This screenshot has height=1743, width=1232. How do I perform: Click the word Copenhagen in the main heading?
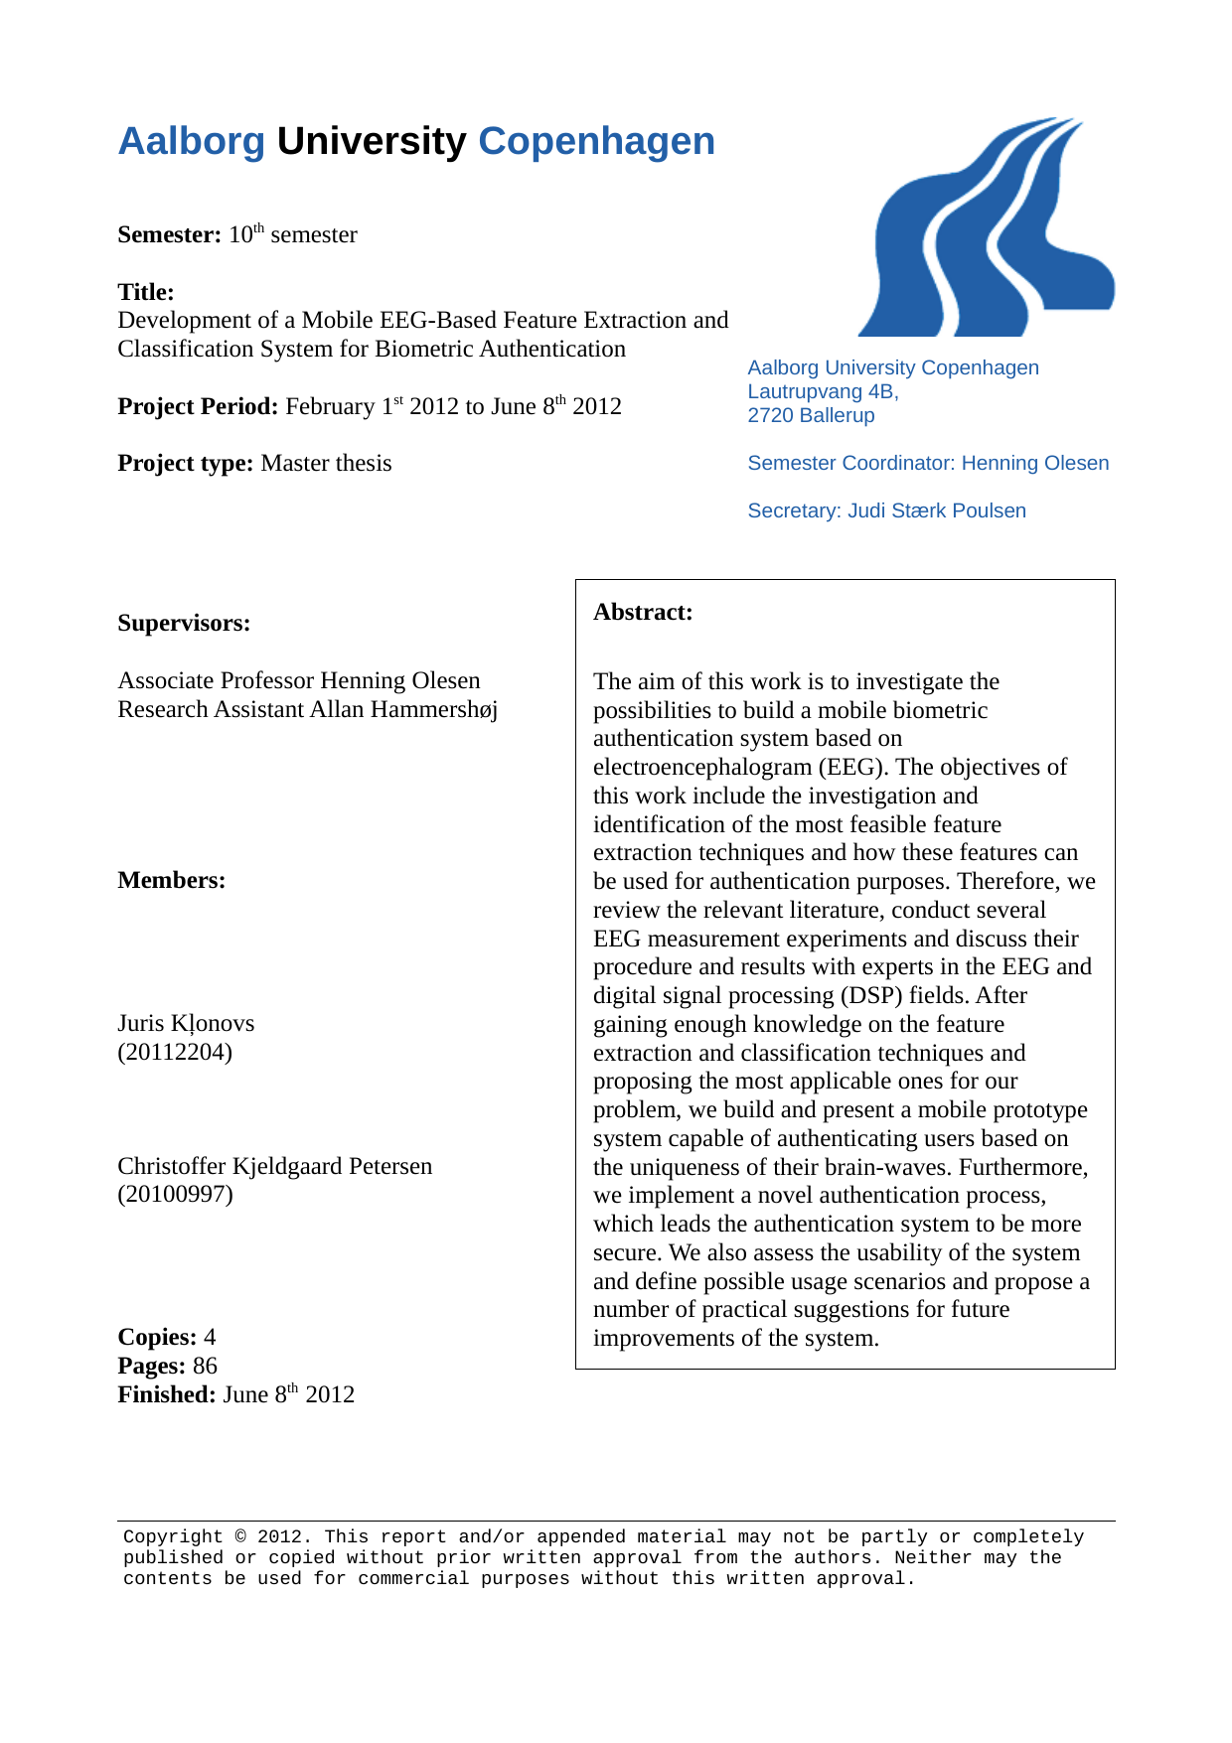click(x=596, y=142)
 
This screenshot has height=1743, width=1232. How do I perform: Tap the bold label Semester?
click(x=169, y=235)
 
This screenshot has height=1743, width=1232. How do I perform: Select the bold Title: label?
click(x=146, y=292)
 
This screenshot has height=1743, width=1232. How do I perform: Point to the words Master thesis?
click(x=326, y=464)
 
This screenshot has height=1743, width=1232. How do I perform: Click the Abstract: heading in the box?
click(x=643, y=613)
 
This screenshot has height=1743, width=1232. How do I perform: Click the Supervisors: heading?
click(x=184, y=624)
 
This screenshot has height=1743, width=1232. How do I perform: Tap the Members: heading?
click(x=171, y=881)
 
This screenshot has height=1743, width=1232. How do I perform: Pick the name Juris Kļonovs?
click(x=186, y=1024)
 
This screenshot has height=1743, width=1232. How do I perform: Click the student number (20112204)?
click(x=175, y=1052)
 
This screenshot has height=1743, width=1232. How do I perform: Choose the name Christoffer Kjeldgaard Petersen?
click(x=275, y=1166)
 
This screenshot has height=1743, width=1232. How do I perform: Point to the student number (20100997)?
click(x=175, y=1194)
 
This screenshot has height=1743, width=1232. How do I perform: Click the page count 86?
click(x=205, y=1367)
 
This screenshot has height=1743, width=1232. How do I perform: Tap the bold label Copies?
click(x=157, y=1338)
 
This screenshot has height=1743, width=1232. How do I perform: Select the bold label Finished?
click(x=166, y=1395)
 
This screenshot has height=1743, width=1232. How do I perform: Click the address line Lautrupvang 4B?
click(x=823, y=392)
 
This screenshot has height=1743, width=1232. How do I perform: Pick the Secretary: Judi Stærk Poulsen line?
click(x=886, y=511)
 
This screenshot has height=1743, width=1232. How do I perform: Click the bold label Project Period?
click(x=198, y=407)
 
